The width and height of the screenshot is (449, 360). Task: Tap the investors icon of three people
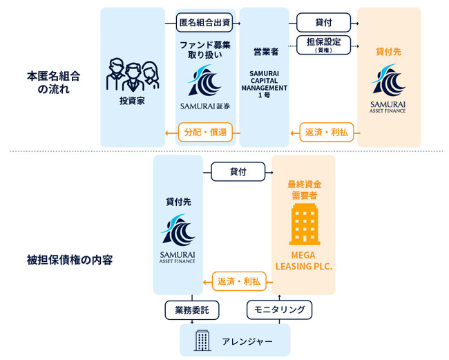tap(131, 75)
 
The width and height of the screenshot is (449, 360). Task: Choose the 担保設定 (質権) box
tap(323, 44)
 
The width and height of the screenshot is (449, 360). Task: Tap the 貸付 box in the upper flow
tap(323, 21)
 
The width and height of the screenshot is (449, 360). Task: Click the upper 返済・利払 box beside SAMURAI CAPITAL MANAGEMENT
tap(323, 131)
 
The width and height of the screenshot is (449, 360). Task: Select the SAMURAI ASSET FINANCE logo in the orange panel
tap(388, 88)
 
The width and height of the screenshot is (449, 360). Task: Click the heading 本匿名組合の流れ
tap(46, 82)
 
